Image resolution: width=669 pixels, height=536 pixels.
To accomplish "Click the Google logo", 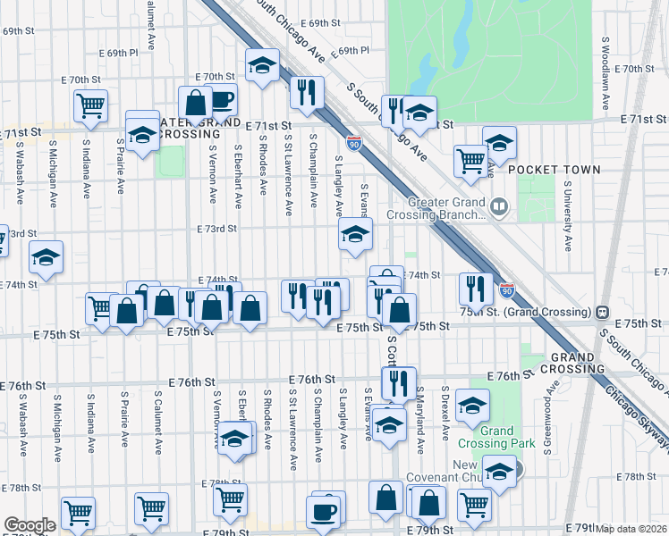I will pyautogui.click(x=30, y=525).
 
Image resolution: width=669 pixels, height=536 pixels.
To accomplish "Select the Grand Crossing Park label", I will pyautogui.click(x=507, y=437).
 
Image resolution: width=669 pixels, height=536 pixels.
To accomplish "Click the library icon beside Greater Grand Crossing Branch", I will pyautogui.click(x=499, y=208).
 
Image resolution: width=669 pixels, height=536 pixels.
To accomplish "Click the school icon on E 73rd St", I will pyautogui.click(x=355, y=236).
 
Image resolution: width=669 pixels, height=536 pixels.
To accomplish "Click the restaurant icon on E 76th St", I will pyautogui.click(x=399, y=382).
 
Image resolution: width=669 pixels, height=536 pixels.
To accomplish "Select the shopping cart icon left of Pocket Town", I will pyautogui.click(x=470, y=161).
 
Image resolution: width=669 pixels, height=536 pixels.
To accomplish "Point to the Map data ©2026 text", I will pyautogui.click(x=632, y=529).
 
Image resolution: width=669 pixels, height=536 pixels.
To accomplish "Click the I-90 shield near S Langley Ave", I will pyautogui.click(x=354, y=143).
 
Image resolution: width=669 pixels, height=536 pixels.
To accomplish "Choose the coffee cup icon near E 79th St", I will pyautogui.click(x=324, y=512).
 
